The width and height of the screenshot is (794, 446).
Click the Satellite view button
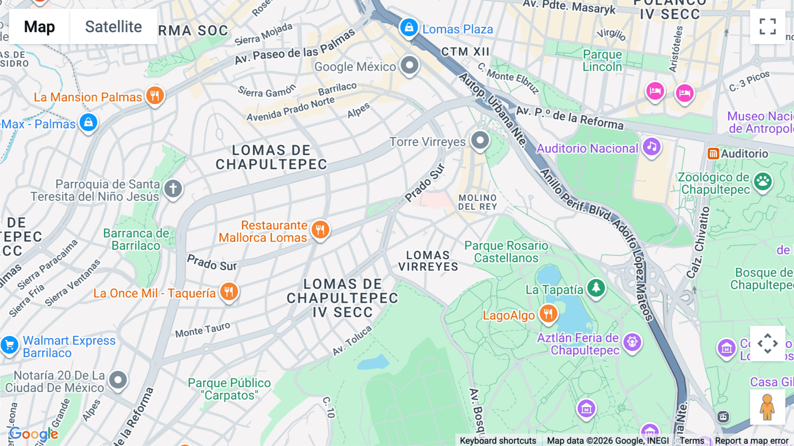pyautogui.click(x=113, y=27)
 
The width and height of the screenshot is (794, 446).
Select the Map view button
pyautogui.click(x=39, y=27)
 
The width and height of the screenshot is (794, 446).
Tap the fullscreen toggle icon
pyautogui.click(x=768, y=26)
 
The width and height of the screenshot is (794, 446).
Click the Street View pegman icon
pyautogui.click(x=767, y=407)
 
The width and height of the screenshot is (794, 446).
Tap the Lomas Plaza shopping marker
pyautogui.click(x=409, y=27)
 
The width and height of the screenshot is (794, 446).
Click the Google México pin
pyautogui.click(x=409, y=65)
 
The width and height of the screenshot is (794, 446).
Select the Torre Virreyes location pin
pyautogui.click(x=480, y=141)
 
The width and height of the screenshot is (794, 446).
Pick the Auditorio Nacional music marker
pyautogui.click(x=652, y=147)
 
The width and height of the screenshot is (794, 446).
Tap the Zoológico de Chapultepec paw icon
pyautogui.click(x=763, y=181)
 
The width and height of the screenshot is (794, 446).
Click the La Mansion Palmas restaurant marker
pyautogui.click(x=154, y=95)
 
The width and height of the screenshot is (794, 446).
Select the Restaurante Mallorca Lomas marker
pyautogui.click(x=320, y=230)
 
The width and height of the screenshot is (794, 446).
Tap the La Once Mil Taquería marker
pyautogui.click(x=229, y=291)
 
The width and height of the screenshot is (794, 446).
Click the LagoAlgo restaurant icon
pyautogui.click(x=548, y=314)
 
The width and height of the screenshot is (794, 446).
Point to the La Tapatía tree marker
pyautogui.click(x=596, y=288)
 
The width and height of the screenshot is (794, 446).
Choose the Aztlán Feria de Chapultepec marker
pyautogui.click(x=632, y=342)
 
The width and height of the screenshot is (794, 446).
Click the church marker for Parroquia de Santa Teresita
pyautogui.click(x=173, y=189)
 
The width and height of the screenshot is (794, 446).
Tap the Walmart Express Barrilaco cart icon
pyautogui.click(x=10, y=345)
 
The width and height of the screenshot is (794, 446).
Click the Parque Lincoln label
pyautogui.click(x=602, y=60)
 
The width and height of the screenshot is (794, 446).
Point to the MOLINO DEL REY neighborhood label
pyautogui.click(x=477, y=202)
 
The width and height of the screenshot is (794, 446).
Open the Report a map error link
pyautogui.click(x=751, y=441)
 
